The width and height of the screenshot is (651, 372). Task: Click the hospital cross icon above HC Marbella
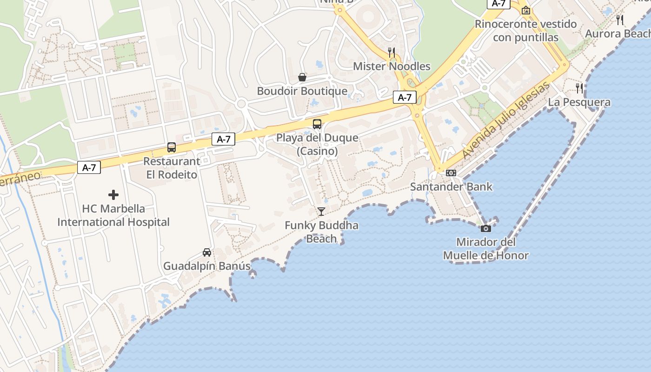[113, 195]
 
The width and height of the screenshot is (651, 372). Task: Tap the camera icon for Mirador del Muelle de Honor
[485, 228]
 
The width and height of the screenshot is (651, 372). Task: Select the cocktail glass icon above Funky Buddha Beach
[321, 212]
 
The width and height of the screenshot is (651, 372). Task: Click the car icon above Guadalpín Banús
[207, 252]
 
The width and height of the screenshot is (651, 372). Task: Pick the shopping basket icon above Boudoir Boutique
[302, 77]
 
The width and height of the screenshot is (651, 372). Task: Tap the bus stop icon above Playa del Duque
[317, 124]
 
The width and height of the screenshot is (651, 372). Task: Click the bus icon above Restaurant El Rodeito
[172, 147]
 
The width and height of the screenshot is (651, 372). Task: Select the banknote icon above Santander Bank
[451, 173]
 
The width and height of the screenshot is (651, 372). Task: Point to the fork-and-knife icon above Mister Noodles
[392, 52]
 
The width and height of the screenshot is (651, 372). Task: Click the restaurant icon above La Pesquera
[579, 88]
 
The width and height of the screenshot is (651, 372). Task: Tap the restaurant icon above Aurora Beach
[620, 20]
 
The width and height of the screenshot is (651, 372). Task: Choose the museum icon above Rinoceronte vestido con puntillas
[526, 10]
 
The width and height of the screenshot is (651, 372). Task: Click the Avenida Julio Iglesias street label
[505, 121]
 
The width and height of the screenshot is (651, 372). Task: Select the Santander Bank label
[451, 187]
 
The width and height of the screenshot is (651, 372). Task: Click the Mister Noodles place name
[392, 66]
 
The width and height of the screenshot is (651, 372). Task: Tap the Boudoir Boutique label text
[302, 91]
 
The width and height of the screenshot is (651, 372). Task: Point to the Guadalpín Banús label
[207, 266]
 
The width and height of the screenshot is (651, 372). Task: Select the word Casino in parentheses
[317, 151]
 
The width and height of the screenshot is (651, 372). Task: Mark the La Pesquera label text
[579, 102]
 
